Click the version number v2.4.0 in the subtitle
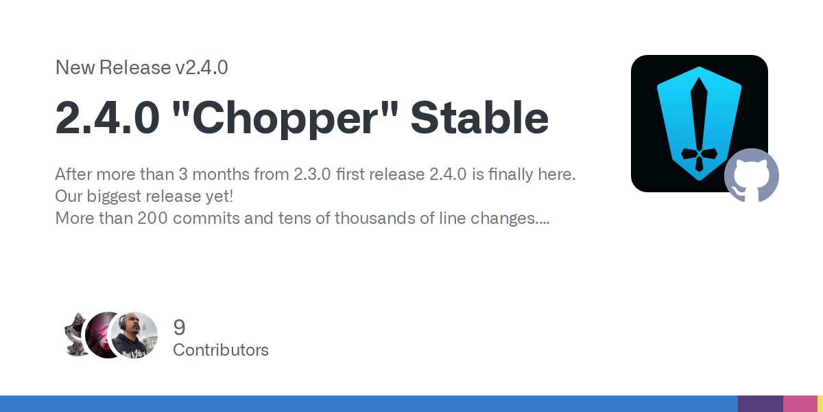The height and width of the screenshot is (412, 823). [x=202, y=67]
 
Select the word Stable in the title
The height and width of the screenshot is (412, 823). [x=479, y=117]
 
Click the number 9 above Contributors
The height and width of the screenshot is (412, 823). [x=179, y=328]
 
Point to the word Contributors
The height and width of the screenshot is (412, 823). [x=221, y=350]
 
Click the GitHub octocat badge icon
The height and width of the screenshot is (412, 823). [x=752, y=176]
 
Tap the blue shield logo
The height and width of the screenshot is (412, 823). [x=699, y=124]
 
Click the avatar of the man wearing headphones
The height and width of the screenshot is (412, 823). [x=134, y=335]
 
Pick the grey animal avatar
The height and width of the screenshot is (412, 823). [x=75, y=335]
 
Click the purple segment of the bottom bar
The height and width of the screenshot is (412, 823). [x=761, y=404]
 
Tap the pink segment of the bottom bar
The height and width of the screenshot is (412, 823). [x=800, y=404]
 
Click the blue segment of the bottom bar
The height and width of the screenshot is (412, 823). [x=369, y=404]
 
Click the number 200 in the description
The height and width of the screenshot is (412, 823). [x=152, y=218]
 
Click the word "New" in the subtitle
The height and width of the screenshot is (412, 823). [x=75, y=67]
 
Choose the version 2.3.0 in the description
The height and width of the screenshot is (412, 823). [x=312, y=174]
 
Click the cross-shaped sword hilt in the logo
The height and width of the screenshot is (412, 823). [x=699, y=154]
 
